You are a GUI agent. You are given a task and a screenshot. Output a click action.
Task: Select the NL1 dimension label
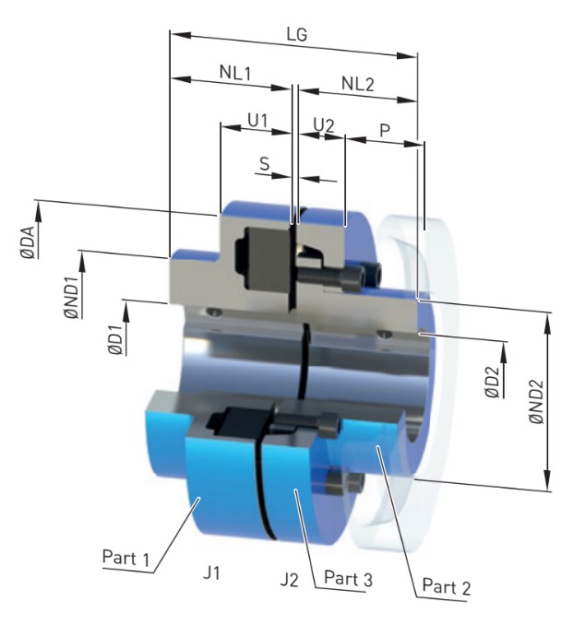pos(237,72)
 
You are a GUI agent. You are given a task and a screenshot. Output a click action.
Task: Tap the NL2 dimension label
pos(357,84)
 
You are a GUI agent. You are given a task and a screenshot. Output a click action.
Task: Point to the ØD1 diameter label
pos(111,327)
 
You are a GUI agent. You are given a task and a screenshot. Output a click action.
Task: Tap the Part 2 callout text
pos(450,584)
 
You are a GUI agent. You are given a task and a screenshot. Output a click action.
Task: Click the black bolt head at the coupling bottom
pos(353,482)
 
